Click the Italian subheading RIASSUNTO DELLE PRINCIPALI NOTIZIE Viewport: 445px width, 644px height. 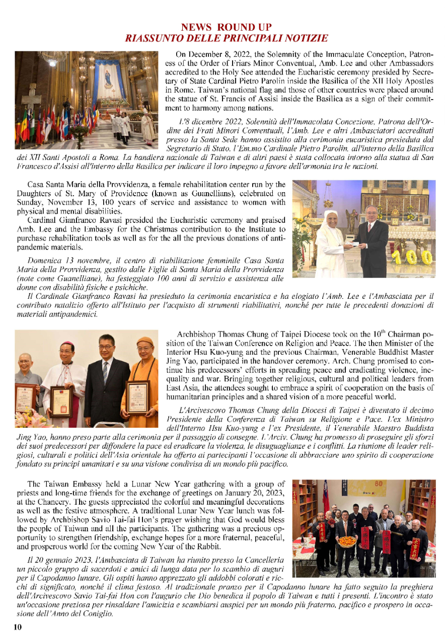[227, 38]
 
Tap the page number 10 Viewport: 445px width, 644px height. [18, 627]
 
